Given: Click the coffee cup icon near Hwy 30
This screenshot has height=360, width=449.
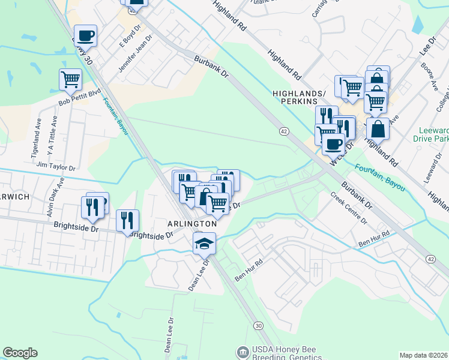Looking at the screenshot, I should point(86,35).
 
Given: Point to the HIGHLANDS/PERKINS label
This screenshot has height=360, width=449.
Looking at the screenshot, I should point(299,98).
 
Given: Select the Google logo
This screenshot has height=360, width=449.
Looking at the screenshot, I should point(20,353).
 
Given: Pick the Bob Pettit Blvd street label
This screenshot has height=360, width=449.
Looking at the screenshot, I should point(79,98).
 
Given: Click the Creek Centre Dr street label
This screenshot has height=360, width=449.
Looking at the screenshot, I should point(349,209).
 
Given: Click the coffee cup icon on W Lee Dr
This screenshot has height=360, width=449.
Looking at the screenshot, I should point(333,144).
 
